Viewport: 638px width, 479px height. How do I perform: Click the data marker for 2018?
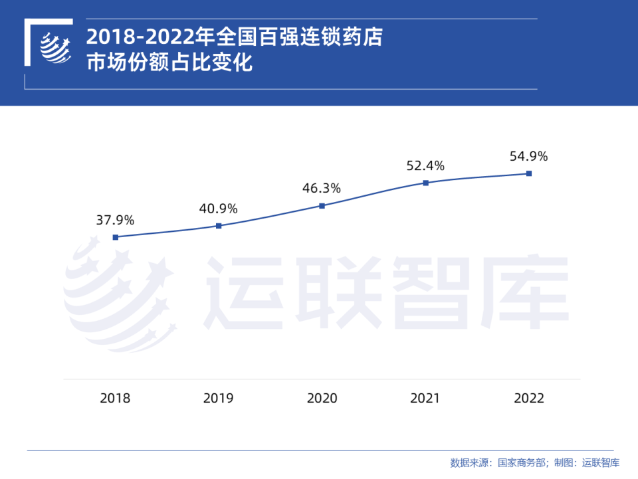point(116,237)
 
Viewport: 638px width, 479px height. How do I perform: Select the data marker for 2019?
point(219,226)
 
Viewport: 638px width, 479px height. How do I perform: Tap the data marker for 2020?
point(322,206)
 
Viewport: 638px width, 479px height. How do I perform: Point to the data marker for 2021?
point(425,183)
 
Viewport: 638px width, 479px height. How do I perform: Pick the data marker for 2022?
point(529,173)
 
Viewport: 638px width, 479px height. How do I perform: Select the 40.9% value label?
point(218,209)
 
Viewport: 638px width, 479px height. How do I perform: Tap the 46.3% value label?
point(322,189)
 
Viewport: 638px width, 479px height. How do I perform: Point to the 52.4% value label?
point(425,165)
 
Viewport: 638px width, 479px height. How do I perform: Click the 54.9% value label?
point(529,156)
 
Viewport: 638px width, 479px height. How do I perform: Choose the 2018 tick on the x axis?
point(116,398)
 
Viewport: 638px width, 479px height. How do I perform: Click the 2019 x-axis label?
point(219,398)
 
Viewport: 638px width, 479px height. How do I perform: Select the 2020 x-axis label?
point(322,398)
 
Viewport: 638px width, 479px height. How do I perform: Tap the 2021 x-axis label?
point(425,398)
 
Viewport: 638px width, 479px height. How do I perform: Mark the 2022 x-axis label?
point(529,398)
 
